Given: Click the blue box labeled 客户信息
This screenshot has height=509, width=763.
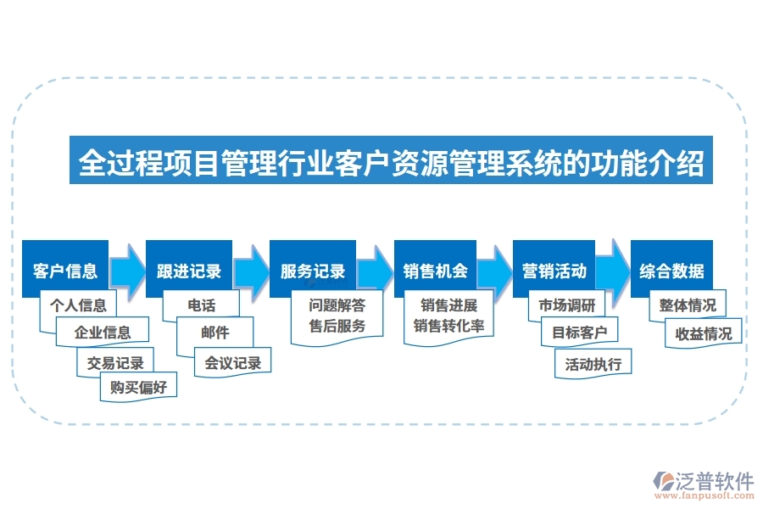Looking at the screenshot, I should [x=65, y=271].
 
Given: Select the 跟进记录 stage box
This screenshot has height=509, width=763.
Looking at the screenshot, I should [x=189, y=271].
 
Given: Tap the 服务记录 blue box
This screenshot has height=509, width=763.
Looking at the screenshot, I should [x=313, y=271].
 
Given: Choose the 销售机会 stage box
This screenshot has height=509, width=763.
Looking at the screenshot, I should [x=436, y=271].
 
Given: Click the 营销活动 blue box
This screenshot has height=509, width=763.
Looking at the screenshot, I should [x=554, y=271].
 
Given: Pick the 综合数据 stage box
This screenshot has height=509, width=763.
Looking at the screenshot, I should [x=671, y=271].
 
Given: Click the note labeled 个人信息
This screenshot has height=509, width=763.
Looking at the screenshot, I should [x=79, y=305].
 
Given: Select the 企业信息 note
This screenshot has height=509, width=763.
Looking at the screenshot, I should [x=103, y=333].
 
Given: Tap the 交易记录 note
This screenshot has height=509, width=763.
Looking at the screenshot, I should [x=116, y=362].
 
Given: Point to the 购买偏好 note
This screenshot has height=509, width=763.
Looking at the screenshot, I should [x=139, y=388].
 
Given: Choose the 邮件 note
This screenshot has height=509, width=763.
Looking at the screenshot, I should [x=215, y=333].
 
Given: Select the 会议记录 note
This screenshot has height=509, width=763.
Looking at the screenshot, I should [x=232, y=362].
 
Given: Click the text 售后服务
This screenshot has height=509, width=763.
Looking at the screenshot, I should [x=337, y=326].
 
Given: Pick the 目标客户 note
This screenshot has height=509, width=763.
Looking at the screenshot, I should [x=580, y=333].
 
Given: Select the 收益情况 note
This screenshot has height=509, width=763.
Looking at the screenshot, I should [x=704, y=333].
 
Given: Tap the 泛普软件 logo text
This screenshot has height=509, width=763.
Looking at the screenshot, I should [x=715, y=481].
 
